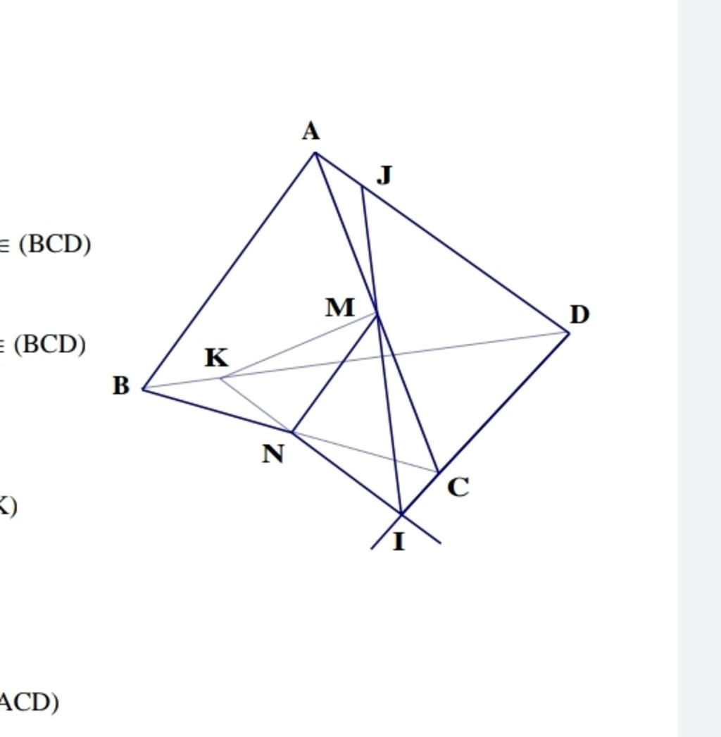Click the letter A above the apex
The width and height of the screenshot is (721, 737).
click(x=311, y=131)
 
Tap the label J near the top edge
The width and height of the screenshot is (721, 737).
click(x=384, y=174)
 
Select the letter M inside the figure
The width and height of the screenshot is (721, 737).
click(x=340, y=307)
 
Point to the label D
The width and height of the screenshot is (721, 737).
click(x=579, y=314)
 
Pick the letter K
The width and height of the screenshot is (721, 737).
click(x=217, y=358)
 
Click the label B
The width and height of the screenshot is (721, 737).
click(x=121, y=385)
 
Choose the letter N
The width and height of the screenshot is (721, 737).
click(x=273, y=454)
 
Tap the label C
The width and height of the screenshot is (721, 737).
click(x=458, y=487)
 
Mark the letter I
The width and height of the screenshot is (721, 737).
click(x=399, y=541)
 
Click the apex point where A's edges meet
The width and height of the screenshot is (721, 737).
click(x=315, y=152)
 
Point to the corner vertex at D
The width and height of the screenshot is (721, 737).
click(x=569, y=333)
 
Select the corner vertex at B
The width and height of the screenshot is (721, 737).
click(x=144, y=389)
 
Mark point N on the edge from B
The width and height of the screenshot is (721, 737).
click(x=292, y=432)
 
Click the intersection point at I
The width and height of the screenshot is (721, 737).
click(x=401, y=514)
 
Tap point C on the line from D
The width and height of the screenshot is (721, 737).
click(x=438, y=472)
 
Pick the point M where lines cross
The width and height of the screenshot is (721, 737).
click(x=377, y=314)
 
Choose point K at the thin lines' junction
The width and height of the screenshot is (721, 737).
click(x=220, y=378)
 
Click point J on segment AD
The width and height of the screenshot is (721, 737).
click(x=362, y=186)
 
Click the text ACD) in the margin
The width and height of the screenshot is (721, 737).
click(x=30, y=702)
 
